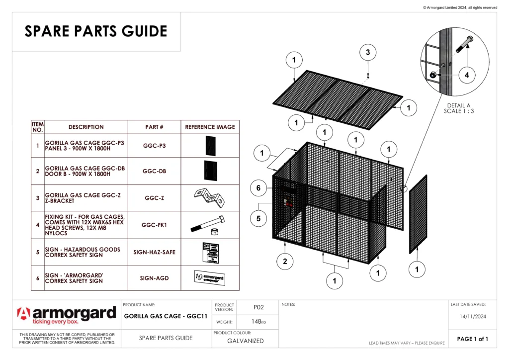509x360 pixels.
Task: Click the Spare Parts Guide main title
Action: (x=96, y=31)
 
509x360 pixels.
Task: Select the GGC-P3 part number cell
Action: (x=154, y=146)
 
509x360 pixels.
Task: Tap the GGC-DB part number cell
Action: (x=154, y=172)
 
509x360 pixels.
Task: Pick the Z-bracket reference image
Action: (x=210, y=197)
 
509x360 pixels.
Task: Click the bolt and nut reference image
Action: (x=210, y=225)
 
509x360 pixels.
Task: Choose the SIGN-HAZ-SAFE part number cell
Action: (x=154, y=252)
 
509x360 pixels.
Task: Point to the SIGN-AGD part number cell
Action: (x=154, y=278)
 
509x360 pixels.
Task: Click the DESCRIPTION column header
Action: (x=86, y=127)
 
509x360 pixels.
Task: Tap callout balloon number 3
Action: (x=368, y=52)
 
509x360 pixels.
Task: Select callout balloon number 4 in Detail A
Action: (x=467, y=75)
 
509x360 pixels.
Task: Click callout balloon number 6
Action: (x=258, y=188)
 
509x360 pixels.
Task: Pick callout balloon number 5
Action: (x=258, y=217)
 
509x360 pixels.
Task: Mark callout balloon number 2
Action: (x=285, y=262)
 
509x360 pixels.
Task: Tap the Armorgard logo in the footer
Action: (x=67, y=315)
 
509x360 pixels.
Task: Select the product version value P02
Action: (x=258, y=307)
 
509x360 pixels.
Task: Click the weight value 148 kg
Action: (x=258, y=322)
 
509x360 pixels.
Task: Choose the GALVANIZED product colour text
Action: (x=245, y=341)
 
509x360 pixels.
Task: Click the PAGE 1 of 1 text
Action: (x=472, y=339)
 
